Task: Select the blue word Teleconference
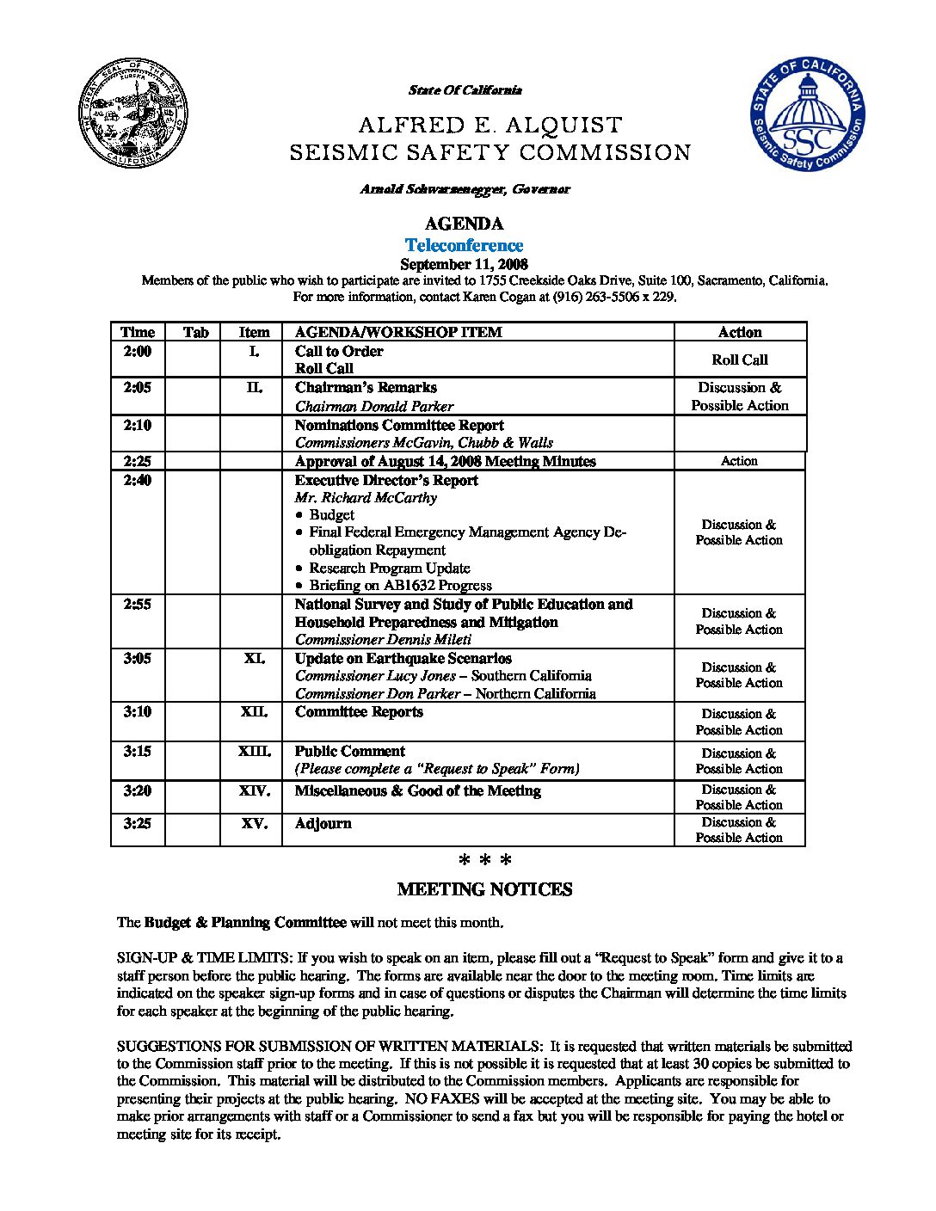(464, 245)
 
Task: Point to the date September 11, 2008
(464, 264)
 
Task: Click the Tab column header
(196, 332)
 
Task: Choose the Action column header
(739, 332)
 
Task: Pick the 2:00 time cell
(137, 351)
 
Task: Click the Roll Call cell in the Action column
(739, 360)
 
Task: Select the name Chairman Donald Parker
(373, 406)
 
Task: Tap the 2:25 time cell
(137, 461)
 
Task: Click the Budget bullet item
(331, 514)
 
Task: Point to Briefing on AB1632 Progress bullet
(400, 585)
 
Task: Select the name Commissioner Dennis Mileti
(383, 639)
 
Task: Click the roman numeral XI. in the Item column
(254, 658)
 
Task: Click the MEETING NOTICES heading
(484, 889)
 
